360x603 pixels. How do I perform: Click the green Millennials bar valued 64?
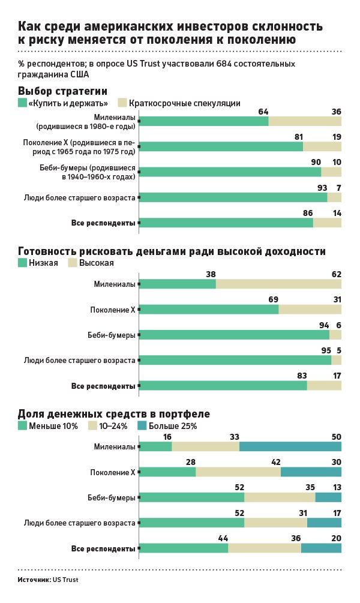(x=204, y=121)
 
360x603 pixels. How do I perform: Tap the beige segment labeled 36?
(x=305, y=121)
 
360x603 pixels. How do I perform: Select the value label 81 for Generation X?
(x=299, y=137)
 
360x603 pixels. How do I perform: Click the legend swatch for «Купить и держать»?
(x=23, y=103)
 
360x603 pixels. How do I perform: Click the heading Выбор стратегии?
(x=62, y=91)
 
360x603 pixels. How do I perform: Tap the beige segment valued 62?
(x=278, y=284)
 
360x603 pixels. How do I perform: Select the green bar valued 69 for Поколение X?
(x=209, y=310)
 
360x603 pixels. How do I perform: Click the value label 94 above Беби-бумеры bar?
(x=325, y=325)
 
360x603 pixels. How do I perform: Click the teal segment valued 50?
(x=290, y=446)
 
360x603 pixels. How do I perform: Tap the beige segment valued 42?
(x=238, y=472)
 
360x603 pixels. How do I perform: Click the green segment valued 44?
(x=184, y=548)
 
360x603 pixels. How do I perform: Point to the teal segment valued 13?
(x=328, y=497)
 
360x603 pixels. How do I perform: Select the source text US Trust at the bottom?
(x=65, y=580)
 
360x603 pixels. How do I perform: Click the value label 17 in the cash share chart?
(x=336, y=513)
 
